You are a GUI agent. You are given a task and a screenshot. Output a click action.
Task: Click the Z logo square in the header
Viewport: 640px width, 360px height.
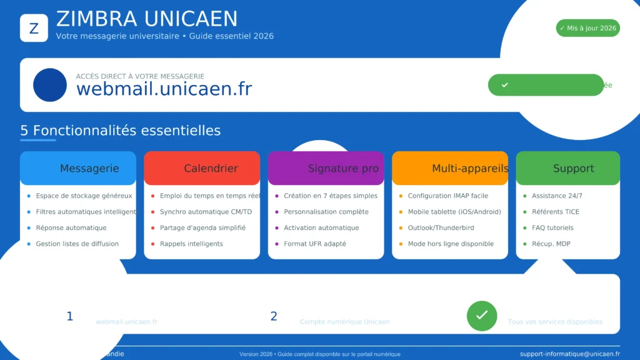(34, 28)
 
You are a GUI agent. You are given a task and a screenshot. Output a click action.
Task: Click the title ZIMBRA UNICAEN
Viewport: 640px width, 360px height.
(147, 19)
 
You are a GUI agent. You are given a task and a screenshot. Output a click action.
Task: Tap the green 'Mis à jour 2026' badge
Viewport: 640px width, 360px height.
(587, 28)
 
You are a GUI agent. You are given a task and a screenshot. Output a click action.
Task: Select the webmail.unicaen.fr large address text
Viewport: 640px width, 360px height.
(164, 89)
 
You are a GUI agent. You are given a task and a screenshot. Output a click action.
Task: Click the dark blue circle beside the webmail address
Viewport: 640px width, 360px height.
(50, 85)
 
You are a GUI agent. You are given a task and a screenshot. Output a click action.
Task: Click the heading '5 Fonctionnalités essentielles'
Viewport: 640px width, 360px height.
(121, 131)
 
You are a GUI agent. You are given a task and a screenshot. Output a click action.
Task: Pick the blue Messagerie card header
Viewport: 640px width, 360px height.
(78, 168)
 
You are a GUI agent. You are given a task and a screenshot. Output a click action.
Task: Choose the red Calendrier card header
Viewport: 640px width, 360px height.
(202, 168)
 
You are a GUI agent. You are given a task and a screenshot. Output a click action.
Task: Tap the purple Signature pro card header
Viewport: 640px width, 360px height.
(326, 168)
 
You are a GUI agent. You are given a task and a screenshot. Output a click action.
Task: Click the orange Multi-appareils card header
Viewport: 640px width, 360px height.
(450, 168)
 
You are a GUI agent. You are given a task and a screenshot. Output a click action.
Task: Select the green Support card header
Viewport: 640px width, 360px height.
(568, 168)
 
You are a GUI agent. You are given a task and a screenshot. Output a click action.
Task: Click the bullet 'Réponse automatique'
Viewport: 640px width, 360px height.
(71, 228)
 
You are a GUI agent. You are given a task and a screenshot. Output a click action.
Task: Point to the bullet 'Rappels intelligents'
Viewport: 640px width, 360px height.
(191, 244)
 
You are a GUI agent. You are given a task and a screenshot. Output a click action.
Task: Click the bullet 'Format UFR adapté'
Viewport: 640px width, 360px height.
(314, 244)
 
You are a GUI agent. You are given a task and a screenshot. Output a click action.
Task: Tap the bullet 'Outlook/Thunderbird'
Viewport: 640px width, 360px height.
(441, 228)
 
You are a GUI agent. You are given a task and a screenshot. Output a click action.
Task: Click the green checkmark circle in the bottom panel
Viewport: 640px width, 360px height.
(482, 316)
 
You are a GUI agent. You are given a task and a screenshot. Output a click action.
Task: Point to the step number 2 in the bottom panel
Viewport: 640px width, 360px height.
(274, 316)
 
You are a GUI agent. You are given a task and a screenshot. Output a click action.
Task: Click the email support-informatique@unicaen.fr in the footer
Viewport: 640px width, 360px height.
(569, 354)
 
